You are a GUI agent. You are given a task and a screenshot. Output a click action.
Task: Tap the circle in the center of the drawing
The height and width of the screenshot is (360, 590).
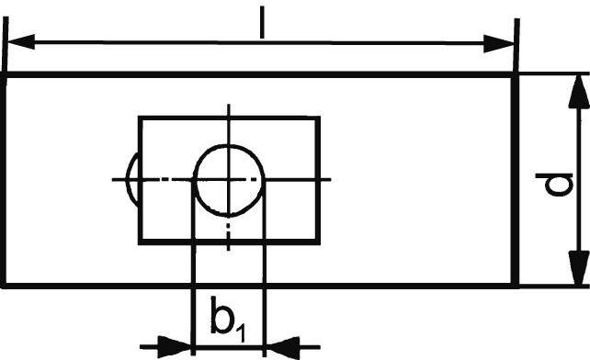[x=229, y=179]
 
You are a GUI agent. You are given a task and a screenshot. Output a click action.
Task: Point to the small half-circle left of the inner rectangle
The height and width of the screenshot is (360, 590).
[x=131, y=178]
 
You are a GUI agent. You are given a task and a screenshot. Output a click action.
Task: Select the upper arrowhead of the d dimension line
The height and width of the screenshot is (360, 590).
[x=578, y=89]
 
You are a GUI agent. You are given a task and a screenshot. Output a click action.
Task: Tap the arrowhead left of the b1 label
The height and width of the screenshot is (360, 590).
[x=177, y=347]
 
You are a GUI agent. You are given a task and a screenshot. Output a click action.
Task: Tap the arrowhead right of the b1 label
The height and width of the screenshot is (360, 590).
[x=279, y=347]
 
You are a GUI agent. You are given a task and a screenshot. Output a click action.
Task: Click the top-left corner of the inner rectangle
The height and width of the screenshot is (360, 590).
[x=140, y=118]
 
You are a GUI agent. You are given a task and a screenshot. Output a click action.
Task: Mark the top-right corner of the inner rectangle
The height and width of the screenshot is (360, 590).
[x=319, y=118]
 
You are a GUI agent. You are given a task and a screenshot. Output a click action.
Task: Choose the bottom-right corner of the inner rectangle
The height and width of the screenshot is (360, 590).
[x=319, y=242]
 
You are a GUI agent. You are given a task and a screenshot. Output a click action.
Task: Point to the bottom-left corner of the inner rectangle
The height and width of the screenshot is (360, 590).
[x=140, y=242]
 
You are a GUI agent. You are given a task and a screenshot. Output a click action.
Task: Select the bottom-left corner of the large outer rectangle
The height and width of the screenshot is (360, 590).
[x=6, y=286]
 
